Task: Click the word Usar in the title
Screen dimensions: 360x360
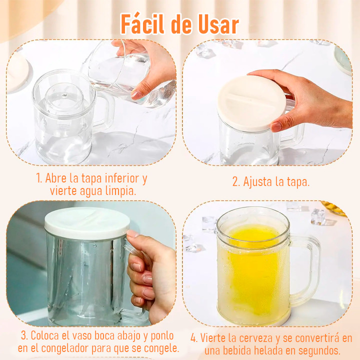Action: (x=216, y=23)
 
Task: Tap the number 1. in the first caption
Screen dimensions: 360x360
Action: (x=39, y=178)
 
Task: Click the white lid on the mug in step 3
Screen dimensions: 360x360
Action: (x=87, y=222)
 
